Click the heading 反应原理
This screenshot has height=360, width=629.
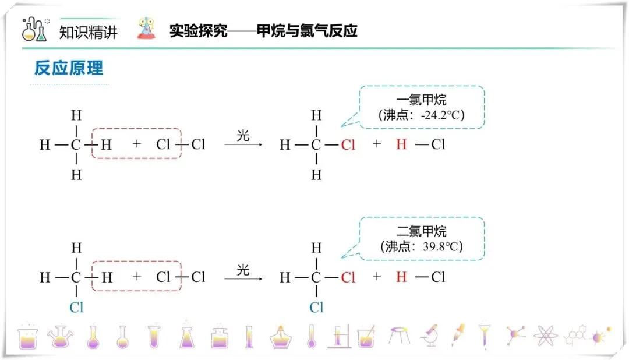pyautogui.click(x=69, y=68)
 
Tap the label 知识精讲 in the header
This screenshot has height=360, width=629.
pyautogui.click(x=89, y=31)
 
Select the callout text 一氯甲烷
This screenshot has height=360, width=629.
pyautogui.click(x=422, y=100)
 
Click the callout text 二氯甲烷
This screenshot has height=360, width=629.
pyautogui.click(x=422, y=231)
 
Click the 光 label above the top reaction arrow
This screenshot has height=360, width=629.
pyautogui.click(x=243, y=136)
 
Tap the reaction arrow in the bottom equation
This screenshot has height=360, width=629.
pyautogui.click(x=243, y=278)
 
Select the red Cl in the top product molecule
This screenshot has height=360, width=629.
pyautogui.click(x=348, y=145)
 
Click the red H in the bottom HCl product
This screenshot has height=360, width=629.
pyautogui.click(x=401, y=277)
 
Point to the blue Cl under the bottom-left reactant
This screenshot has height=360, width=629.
pyautogui.click(x=76, y=308)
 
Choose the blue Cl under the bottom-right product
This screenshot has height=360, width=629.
pyautogui.click(x=316, y=308)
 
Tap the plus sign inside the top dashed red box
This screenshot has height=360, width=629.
pyautogui.click(x=137, y=144)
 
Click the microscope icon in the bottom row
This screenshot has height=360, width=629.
pyautogui.click(x=430, y=335)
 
